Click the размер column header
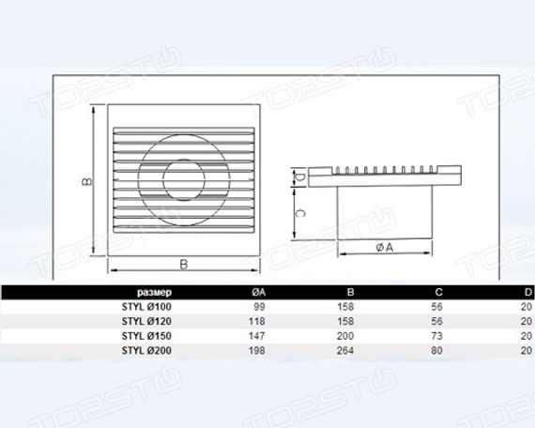(154, 293)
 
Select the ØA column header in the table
(259, 292)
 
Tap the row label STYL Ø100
(146, 307)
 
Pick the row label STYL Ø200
(146, 350)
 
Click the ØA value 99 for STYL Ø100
(259, 307)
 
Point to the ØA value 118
(257, 322)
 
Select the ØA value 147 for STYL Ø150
(257, 336)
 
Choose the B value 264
(345, 350)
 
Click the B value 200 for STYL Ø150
(345, 336)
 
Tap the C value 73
(436, 336)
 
